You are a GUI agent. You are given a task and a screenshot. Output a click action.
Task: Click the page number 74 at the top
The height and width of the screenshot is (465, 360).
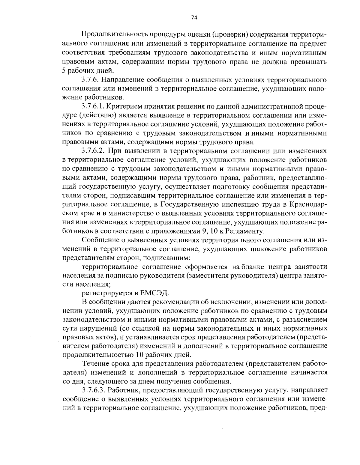click(194, 18)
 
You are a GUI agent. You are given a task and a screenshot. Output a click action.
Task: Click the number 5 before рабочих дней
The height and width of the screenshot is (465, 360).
click(64, 71)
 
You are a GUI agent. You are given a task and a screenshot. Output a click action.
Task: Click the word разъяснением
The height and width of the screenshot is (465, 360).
click(308, 319)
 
